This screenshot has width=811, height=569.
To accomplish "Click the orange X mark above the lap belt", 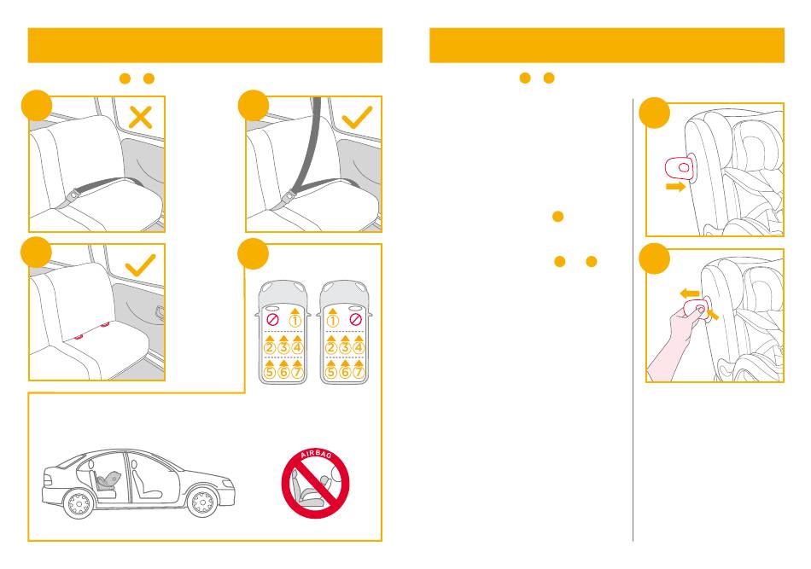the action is click(x=140, y=118).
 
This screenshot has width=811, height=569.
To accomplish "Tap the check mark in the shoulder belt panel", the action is click(x=357, y=117).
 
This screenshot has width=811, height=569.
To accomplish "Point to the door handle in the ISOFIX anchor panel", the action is click(x=160, y=313).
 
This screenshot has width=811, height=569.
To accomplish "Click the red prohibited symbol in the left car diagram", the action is click(x=272, y=319).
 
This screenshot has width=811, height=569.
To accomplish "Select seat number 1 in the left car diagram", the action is click(x=295, y=321).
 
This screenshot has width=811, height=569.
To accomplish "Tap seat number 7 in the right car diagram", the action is click(x=358, y=372).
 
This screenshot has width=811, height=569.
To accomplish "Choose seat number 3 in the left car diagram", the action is click(x=283, y=347).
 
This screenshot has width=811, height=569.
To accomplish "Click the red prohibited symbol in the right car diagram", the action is click(x=355, y=319).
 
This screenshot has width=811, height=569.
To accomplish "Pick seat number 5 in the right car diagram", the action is click(x=331, y=372).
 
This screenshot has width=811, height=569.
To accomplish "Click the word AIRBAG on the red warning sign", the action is click(x=316, y=455).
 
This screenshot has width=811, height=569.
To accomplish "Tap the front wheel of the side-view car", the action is click(x=202, y=502).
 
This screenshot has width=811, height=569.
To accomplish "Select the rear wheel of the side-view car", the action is click(x=79, y=502).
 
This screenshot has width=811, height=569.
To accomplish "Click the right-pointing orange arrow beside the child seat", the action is click(x=675, y=187).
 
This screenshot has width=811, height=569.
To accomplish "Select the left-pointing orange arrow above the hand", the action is click(x=690, y=293).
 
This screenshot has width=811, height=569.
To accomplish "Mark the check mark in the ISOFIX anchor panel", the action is click(x=140, y=265).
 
